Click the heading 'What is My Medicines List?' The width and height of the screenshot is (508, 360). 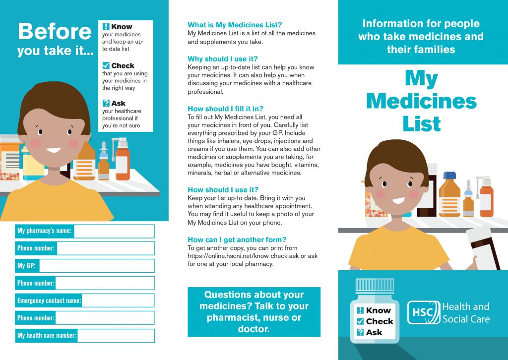(x=235, y=25)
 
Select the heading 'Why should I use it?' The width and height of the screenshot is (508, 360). (x=222, y=59)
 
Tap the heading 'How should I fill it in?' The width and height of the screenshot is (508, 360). (x=225, y=109)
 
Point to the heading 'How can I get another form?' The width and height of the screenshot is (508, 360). (x=237, y=240)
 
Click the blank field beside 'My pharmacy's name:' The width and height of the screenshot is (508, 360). (x=114, y=231)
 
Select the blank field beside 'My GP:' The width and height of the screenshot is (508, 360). (x=97, y=266)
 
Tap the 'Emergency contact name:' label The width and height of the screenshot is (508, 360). (x=49, y=300)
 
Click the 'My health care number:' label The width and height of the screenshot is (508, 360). (x=47, y=336)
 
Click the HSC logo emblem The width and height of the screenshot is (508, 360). (x=423, y=312)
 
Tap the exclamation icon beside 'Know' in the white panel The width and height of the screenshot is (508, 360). (x=106, y=27)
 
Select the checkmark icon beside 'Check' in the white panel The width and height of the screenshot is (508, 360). (x=106, y=65)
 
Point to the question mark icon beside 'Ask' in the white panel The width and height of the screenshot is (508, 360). (x=106, y=103)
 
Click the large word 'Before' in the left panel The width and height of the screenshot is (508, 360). (x=55, y=32)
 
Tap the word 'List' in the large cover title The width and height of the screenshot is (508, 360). (x=422, y=124)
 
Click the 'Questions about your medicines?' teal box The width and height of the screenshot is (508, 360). (x=254, y=312)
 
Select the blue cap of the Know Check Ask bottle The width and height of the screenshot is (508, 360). (x=375, y=286)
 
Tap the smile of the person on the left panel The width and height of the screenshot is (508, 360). (x=53, y=149)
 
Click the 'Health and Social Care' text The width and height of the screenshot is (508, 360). (x=465, y=312)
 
